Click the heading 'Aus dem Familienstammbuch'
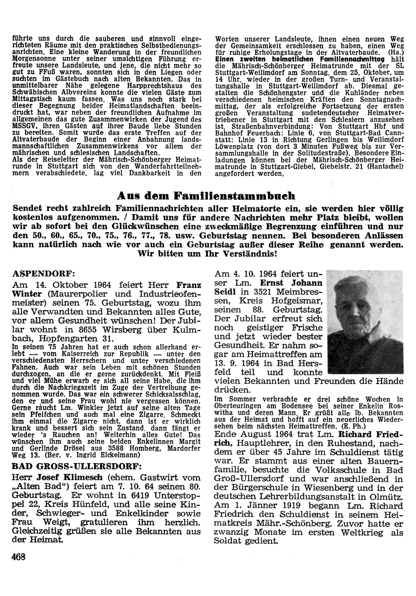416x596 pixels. pos(206,196)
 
